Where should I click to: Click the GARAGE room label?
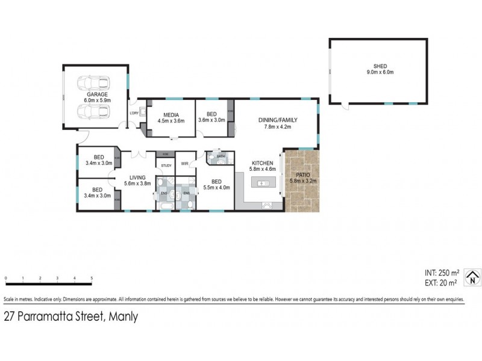(x=96, y=94)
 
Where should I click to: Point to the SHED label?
(x=380, y=66)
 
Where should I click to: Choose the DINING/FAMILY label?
(x=278, y=120)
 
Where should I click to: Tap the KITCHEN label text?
(x=263, y=163)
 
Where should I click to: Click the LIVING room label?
(x=137, y=177)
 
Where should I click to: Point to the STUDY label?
(x=166, y=165)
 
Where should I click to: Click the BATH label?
(x=221, y=156)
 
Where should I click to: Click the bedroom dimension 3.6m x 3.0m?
(x=211, y=120)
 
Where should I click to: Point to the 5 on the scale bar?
(x=92, y=278)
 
